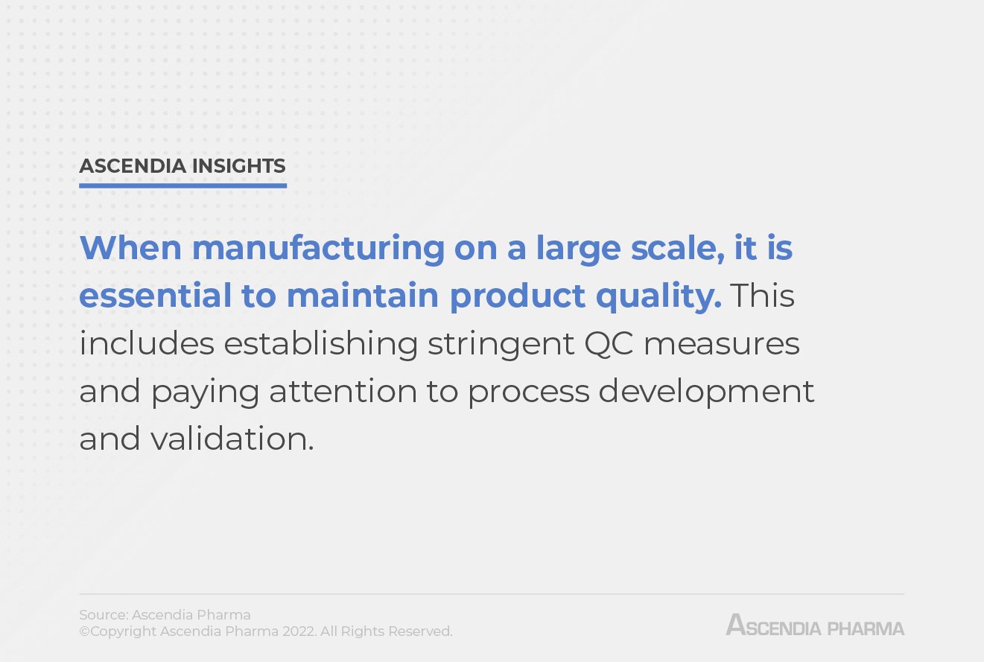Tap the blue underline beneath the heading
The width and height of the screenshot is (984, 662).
pos(182,185)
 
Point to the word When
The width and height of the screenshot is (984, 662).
pos(130,248)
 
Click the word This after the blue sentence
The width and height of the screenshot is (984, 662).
pos(762,296)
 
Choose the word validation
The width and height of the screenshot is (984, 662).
pos(232,439)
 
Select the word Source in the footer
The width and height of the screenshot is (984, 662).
pos(103,615)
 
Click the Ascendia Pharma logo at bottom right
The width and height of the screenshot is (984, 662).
pos(815,625)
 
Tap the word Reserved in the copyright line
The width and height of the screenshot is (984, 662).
pos(419,631)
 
